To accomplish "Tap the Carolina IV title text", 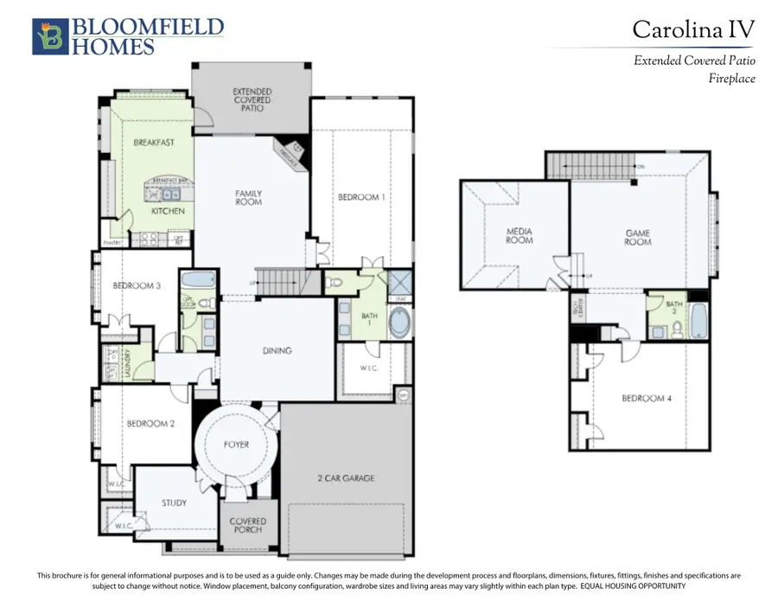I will (692, 29).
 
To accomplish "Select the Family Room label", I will (249, 198).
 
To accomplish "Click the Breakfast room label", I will (153, 142).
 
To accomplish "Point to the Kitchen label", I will (168, 211).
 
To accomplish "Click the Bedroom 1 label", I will (361, 197).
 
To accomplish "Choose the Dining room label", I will (277, 351).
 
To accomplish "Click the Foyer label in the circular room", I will (236, 444).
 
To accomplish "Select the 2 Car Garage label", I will (346, 477).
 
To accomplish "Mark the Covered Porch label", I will (248, 526).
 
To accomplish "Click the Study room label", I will (174, 502).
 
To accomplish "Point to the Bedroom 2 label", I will (151, 424).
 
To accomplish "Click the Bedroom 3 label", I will (137, 285).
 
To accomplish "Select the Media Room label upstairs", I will (519, 235).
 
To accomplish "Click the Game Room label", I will (638, 237).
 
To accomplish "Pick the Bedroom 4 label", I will (644, 399).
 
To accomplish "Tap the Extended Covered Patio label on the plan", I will (252, 99).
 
